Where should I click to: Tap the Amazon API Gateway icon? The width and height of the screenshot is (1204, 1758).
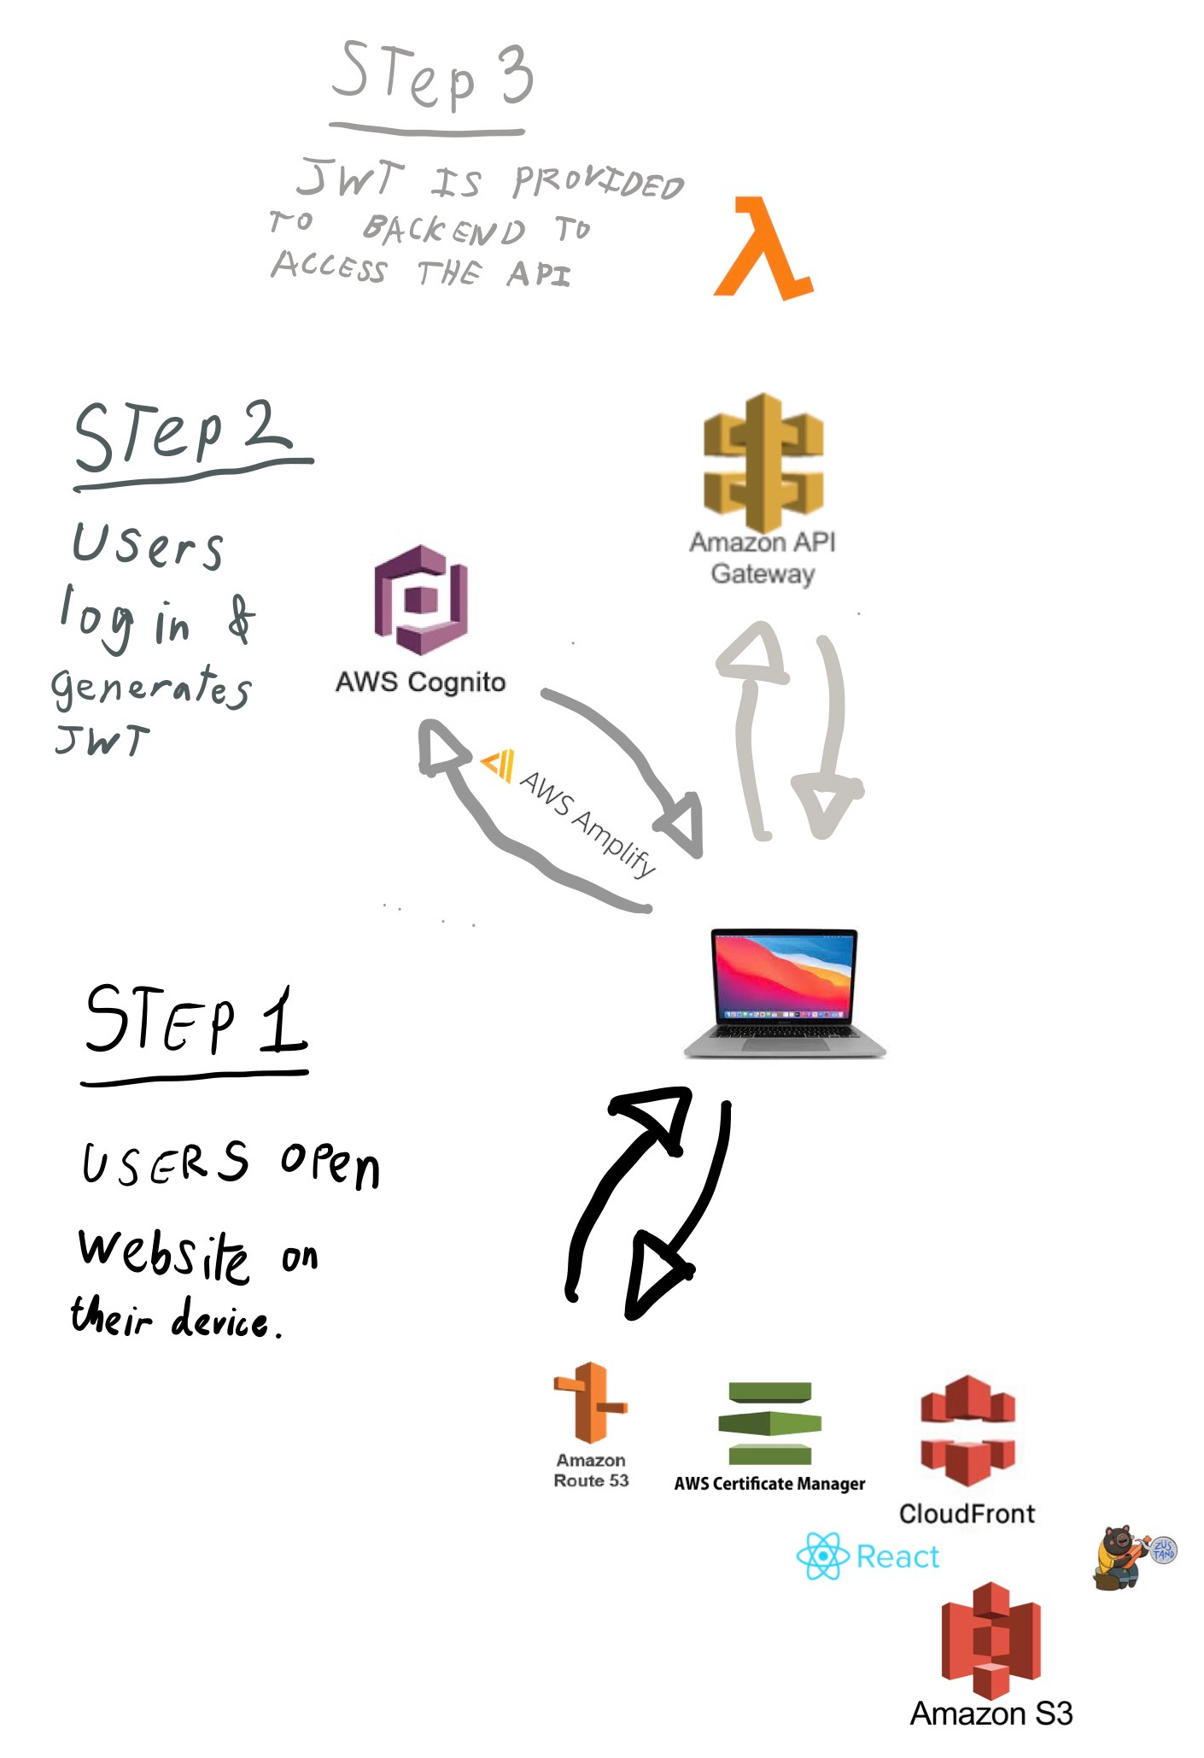(x=763, y=462)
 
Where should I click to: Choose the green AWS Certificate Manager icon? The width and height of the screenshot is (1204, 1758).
(x=769, y=1422)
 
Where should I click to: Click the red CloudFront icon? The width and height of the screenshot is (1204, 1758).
(x=967, y=1429)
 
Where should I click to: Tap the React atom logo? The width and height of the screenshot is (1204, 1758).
(x=821, y=1556)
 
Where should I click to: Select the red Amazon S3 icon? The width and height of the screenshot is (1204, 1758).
(x=991, y=1639)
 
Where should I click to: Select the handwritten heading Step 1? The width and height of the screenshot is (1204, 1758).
(x=196, y=1020)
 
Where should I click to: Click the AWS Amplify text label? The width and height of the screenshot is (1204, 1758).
(x=588, y=823)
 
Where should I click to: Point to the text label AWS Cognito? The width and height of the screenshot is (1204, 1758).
(x=420, y=682)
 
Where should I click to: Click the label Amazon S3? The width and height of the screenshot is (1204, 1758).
(x=991, y=1714)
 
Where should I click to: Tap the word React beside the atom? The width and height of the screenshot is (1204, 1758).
(x=897, y=1556)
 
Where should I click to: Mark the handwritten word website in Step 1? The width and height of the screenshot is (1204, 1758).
(x=164, y=1253)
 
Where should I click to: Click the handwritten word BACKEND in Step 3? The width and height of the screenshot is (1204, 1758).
(x=444, y=229)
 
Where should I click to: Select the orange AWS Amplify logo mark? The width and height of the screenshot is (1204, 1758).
(x=498, y=764)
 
